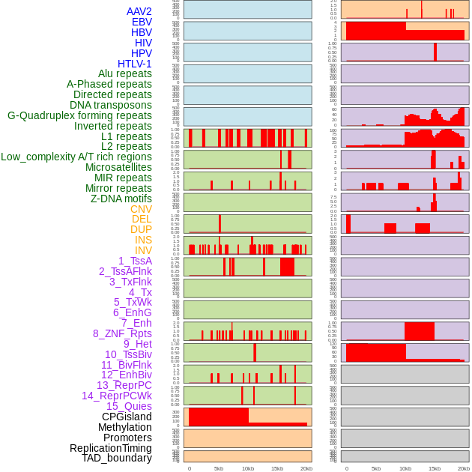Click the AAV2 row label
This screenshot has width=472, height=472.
(x=139, y=11)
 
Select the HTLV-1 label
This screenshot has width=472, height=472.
(x=134, y=64)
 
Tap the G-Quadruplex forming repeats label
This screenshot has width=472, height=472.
(x=79, y=115)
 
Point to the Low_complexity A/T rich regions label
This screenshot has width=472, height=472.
(x=76, y=157)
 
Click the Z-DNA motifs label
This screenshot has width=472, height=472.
(x=121, y=199)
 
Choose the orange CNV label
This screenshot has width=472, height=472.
(x=141, y=209)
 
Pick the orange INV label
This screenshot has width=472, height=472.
(x=143, y=250)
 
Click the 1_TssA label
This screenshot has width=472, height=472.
(x=135, y=261)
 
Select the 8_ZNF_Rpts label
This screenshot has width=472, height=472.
(x=122, y=333)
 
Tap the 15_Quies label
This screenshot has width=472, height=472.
(x=129, y=406)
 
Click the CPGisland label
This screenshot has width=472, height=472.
(x=127, y=417)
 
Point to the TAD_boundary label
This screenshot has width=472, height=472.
(x=117, y=458)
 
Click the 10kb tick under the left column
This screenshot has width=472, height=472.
(x=248, y=468)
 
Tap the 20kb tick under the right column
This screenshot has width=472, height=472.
(x=464, y=468)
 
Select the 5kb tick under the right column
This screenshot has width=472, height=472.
(x=376, y=468)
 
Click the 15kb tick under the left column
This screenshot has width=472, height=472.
(x=277, y=468)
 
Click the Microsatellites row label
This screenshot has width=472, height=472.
(x=118, y=167)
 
